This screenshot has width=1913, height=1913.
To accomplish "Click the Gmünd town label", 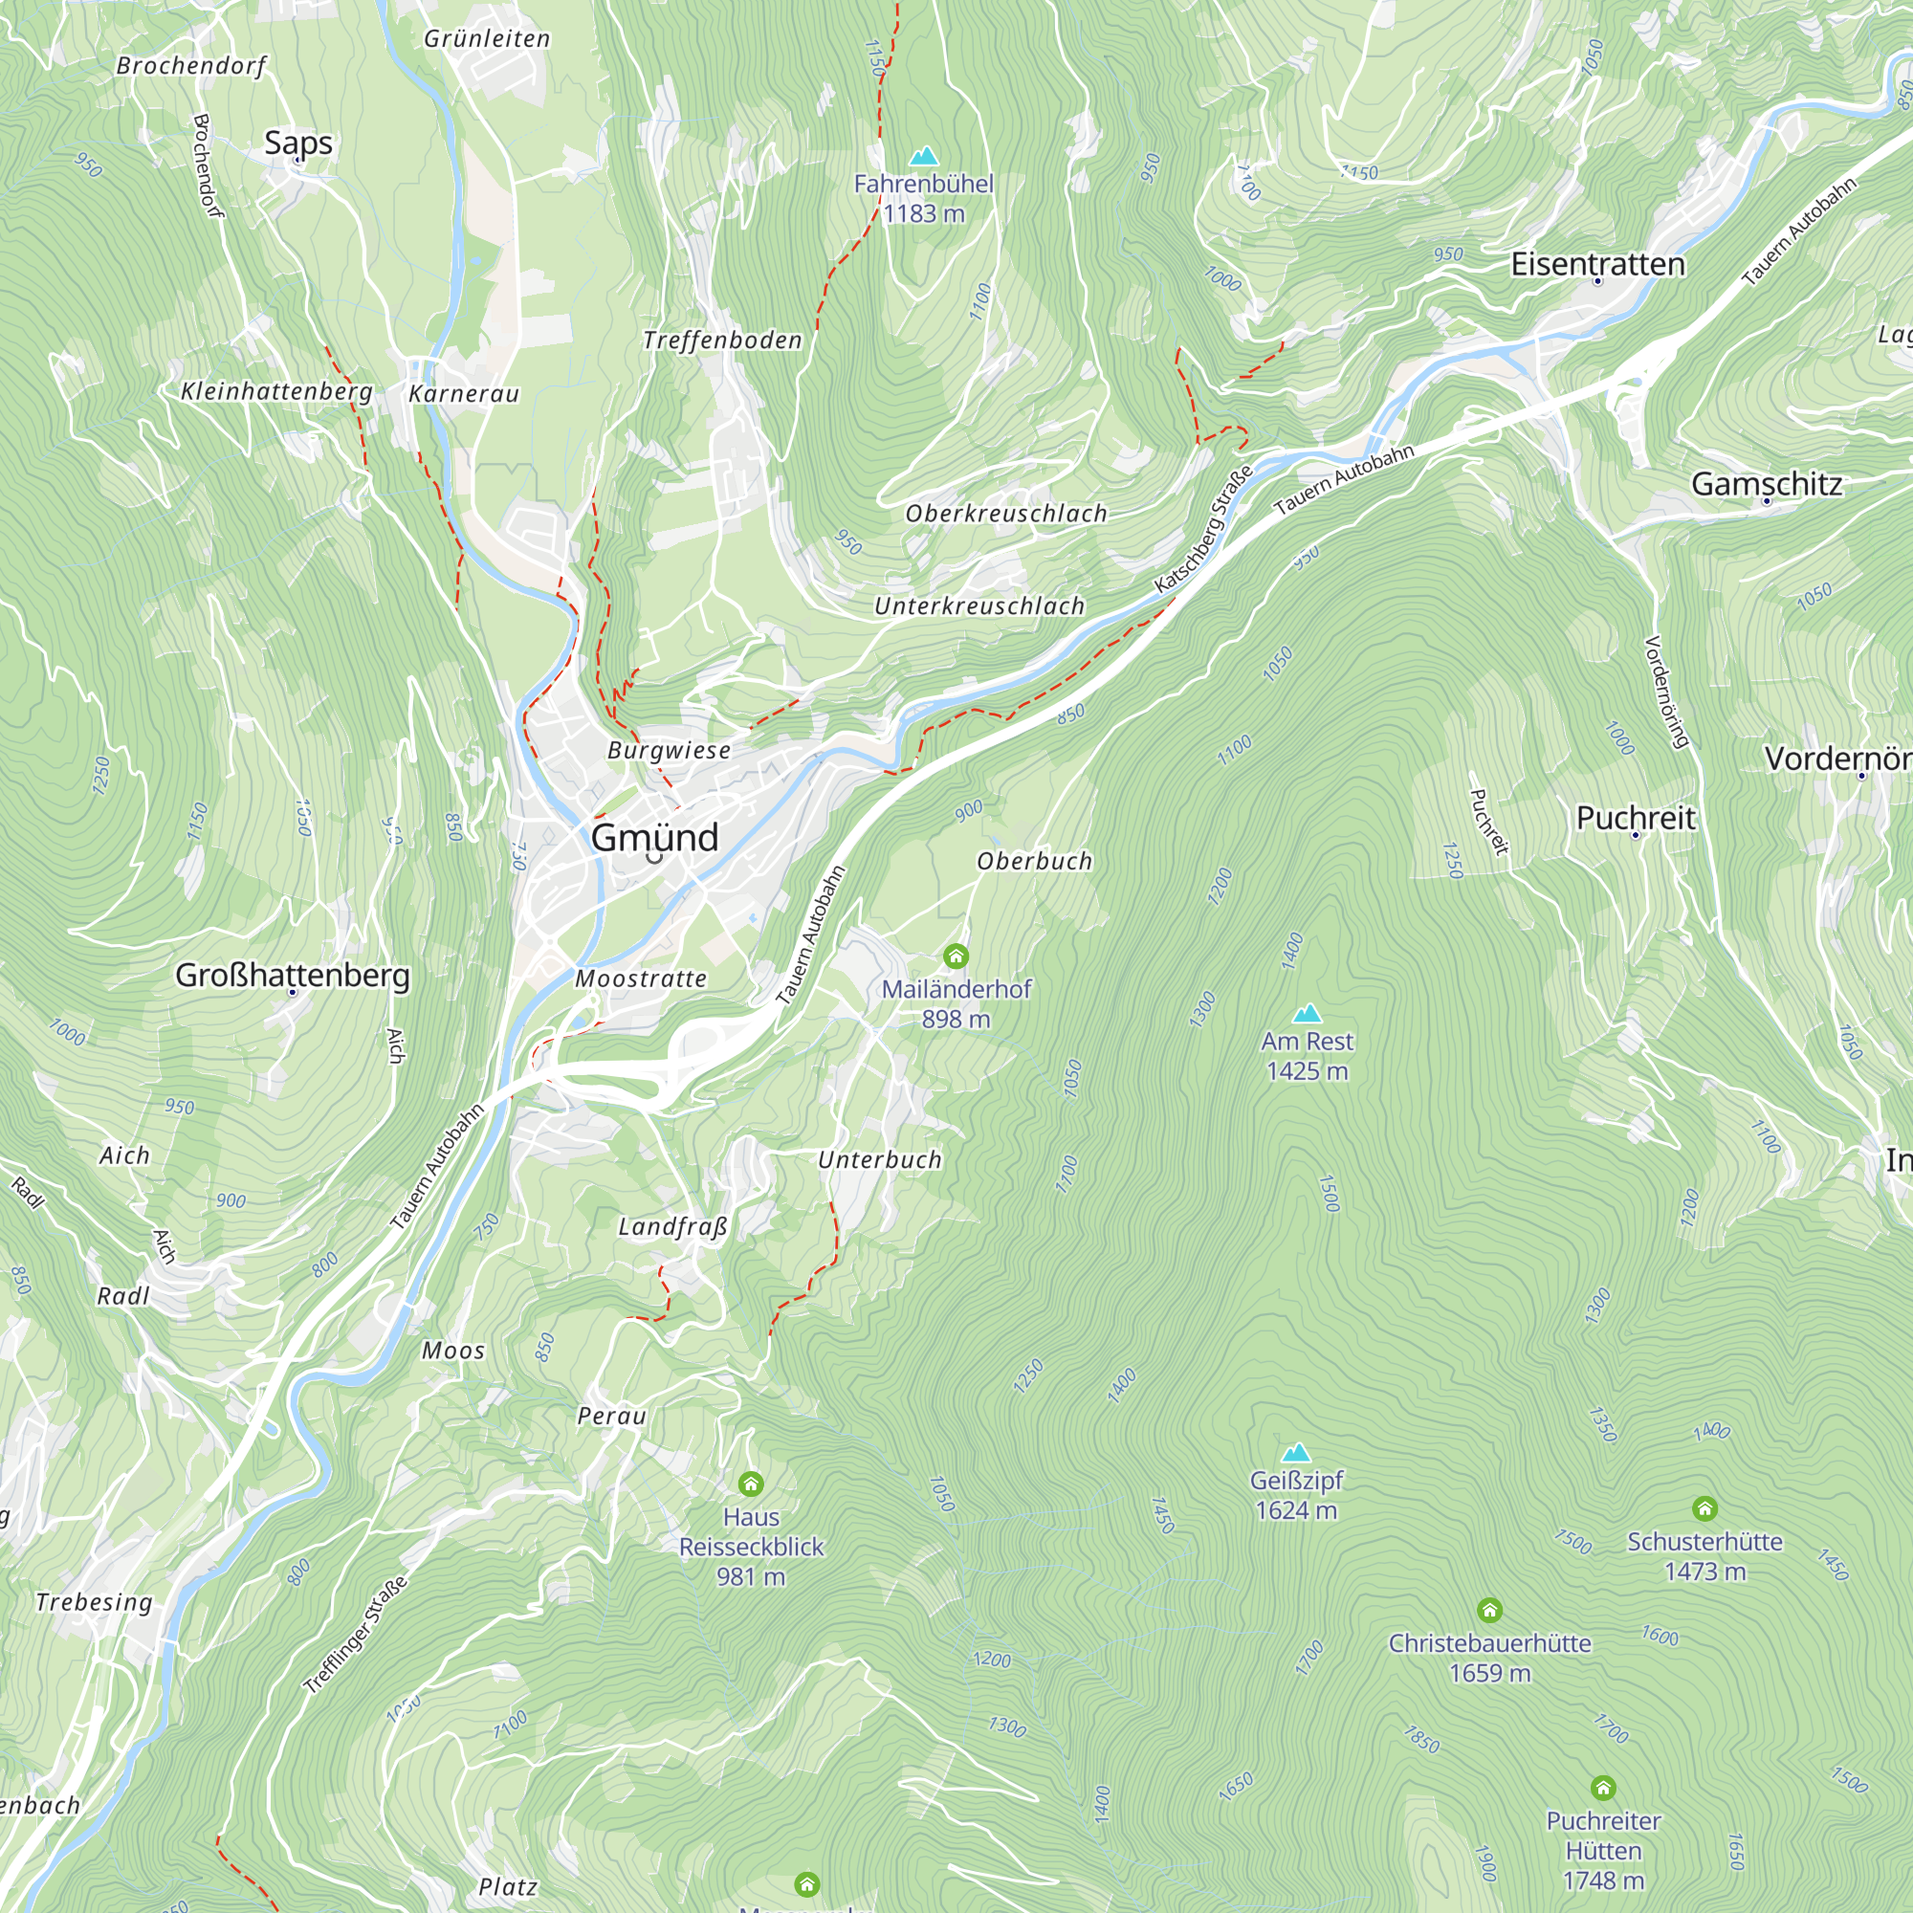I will pos(654,838).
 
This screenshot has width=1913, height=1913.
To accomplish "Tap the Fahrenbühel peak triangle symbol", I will pos(924,157).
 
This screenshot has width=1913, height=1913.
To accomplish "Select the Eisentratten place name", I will pos(1597,264).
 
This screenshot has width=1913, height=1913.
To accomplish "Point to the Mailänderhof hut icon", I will pos(956,956).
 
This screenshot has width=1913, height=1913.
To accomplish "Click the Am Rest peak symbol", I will pos(1307,1013).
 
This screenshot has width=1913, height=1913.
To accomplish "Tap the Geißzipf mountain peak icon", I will pos(1296,1453).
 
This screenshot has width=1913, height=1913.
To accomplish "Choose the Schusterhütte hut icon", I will pos(1704,1508).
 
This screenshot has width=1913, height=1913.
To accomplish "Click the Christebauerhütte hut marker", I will pos(1489,1610).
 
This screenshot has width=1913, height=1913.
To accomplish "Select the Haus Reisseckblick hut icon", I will pos(751,1484).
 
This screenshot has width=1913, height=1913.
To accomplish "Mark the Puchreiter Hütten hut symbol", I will pos(1603,1788).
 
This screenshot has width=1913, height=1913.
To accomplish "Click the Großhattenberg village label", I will pos(292,976).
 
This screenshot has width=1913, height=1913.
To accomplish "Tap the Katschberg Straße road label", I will pos(1203,529).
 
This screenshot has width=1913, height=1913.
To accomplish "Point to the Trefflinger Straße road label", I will pos(356,1635).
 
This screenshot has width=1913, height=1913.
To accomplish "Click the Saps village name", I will pos(298,143).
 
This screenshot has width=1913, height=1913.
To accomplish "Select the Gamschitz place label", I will pos(1767,484).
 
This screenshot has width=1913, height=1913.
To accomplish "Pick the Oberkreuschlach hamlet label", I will pos(1006,514).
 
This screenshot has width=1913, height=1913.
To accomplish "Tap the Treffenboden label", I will pos(722,341).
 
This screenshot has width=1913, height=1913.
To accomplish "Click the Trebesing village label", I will pos(94,1602).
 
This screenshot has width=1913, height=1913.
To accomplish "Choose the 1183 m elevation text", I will pos(924,214).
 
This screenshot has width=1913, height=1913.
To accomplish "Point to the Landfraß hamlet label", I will pos(673,1228).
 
